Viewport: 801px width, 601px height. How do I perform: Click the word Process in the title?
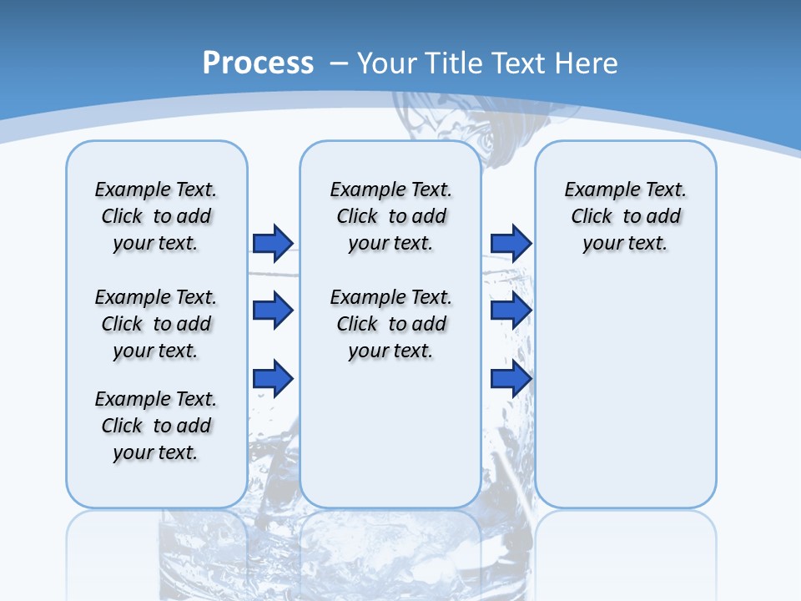click(258, 63)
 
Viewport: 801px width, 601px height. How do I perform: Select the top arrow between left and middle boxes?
click(273, 243)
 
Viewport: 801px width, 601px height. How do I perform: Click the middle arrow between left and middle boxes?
click(273, 311)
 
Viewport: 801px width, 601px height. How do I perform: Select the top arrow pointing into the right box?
click(511, 243)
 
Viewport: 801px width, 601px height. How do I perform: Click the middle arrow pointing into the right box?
click(511, 311)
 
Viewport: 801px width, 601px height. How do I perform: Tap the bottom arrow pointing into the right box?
click(511, 379)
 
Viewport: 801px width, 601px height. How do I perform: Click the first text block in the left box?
click(156, 216)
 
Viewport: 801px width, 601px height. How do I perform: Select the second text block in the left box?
click(156, 324)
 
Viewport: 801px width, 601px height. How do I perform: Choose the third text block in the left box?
click(156, 426)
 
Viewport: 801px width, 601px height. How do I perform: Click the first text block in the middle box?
click(390, 216)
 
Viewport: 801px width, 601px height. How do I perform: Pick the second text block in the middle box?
click(390, 324)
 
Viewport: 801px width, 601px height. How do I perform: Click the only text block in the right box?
click(625, 216)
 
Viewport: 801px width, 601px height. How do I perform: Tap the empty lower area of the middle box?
click(390, 434)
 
